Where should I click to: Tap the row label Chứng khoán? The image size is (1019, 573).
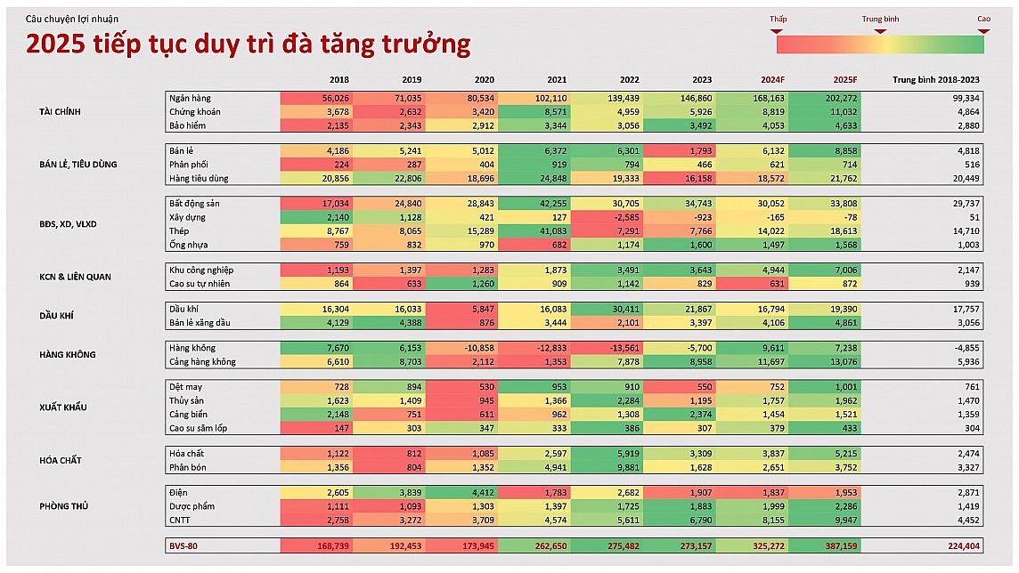[195, 112]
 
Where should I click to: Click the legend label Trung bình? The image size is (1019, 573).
[880, 19]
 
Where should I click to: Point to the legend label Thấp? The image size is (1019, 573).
[778, 19]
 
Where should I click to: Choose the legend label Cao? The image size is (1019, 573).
[983, 19]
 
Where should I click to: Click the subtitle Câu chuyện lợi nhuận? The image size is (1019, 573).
[71, 19]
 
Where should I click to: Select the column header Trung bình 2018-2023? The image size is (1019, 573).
[935, 80]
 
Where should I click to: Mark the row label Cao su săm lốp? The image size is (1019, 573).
[198, 428]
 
